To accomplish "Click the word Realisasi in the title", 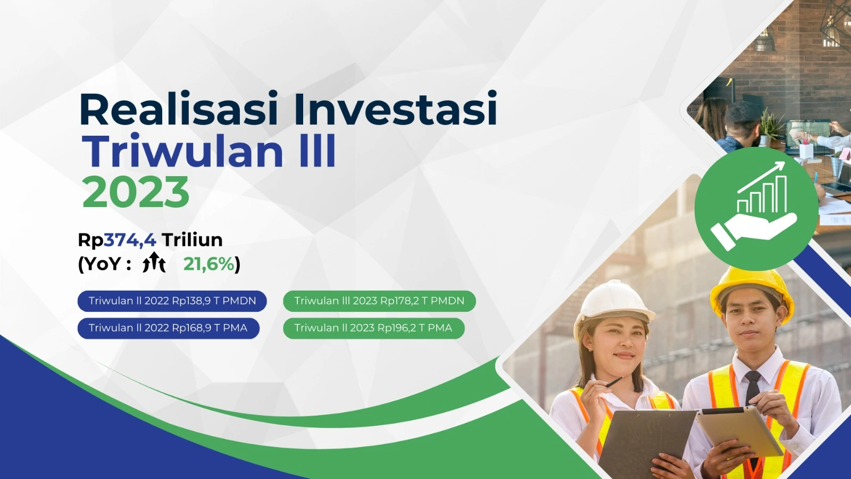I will pos(179,109).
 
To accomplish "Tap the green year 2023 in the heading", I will pos(136,192).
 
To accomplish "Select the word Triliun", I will pos(192,240).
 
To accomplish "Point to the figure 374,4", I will pos(130,240).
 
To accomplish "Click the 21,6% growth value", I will pos(209,264).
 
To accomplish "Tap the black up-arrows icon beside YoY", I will pos(154,262).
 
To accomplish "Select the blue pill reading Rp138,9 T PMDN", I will pos(172,301).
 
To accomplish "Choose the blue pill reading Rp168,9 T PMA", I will pos(168,328).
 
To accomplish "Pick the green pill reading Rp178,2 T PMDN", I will pos(379,301).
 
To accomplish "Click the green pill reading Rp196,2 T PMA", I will pos(373,328).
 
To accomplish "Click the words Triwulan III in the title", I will pos(208,151).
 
